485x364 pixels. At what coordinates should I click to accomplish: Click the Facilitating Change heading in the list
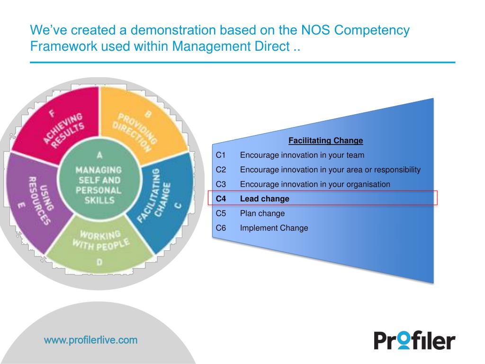[x=326, y=140]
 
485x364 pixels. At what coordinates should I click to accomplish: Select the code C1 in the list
[x=221, y=155]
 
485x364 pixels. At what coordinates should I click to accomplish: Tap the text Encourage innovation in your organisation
[x=315, y=184]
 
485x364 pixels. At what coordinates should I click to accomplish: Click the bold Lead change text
[x=264, y=199]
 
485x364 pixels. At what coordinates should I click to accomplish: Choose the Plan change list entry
[x=262, y=213]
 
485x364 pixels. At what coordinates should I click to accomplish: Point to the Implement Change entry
[x=274, y=228]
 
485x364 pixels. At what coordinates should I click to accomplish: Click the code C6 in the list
[x=221, y=228]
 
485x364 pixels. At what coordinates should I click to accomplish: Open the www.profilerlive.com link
[x=90, y=340]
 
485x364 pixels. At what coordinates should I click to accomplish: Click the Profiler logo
[x=414, y=340]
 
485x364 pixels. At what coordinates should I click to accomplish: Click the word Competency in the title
[x=372, y=30]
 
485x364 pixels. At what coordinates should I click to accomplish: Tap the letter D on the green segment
[x=99, y=262]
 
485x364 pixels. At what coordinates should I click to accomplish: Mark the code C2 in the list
[x=221, y=170]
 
